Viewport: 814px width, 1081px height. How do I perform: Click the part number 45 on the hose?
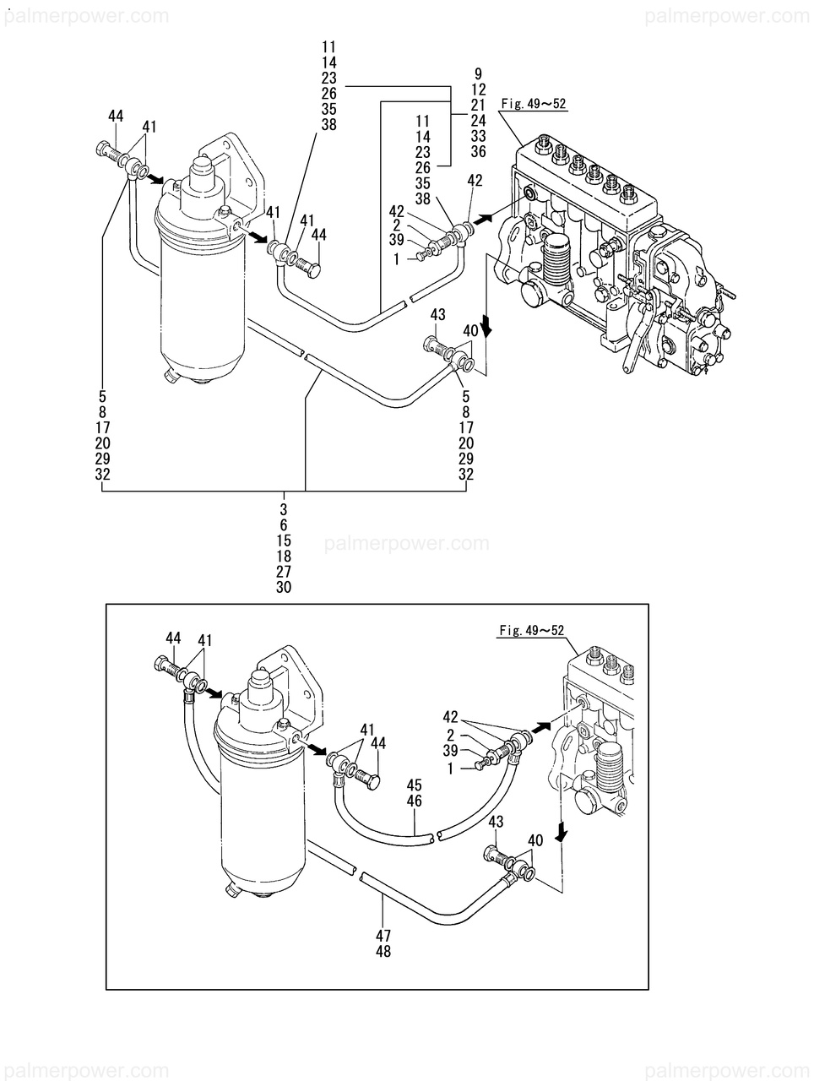click(414, 785)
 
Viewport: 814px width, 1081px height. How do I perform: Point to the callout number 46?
click(414, 801)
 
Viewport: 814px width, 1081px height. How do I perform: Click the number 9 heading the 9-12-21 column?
click(478, 73)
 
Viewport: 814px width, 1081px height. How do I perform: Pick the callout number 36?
click(478, 152)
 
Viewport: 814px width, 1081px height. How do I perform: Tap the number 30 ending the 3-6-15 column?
click(284, 587)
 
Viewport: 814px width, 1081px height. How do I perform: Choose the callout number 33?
click(478, 136)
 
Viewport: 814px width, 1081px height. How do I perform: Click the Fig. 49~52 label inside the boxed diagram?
click(531, 630)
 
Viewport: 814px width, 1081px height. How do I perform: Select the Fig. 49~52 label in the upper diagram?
click(534, 105)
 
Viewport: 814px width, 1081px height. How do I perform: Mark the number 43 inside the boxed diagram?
click(496, 822)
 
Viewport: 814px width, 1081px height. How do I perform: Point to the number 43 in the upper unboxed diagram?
click(437, 314)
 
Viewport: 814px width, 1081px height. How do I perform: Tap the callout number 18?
click(284, 556)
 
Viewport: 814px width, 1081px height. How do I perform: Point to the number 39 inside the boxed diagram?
click(450, 751)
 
